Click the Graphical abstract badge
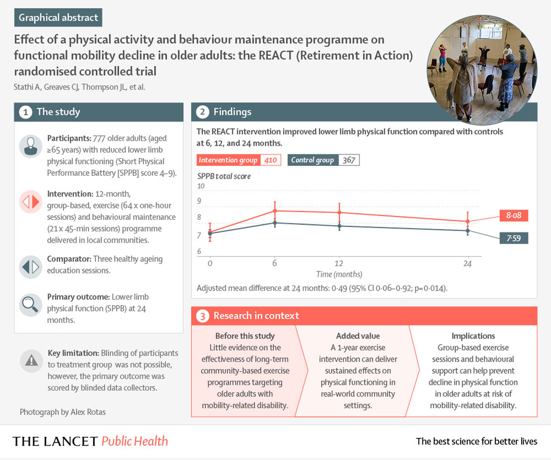58,17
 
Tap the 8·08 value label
514,215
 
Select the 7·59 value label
514,238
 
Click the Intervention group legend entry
238,160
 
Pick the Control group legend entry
323,160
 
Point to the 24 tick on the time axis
467,264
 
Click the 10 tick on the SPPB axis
201,186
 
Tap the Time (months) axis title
339,274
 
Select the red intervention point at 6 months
275,211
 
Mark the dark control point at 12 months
339,226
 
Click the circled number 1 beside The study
25,112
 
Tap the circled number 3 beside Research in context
203,316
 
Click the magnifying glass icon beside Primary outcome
31,305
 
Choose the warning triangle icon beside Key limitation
31,361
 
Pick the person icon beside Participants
31,146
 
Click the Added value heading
358,336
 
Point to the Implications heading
473,336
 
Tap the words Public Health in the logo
134,441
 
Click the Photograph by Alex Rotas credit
62,412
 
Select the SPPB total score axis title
224,176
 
